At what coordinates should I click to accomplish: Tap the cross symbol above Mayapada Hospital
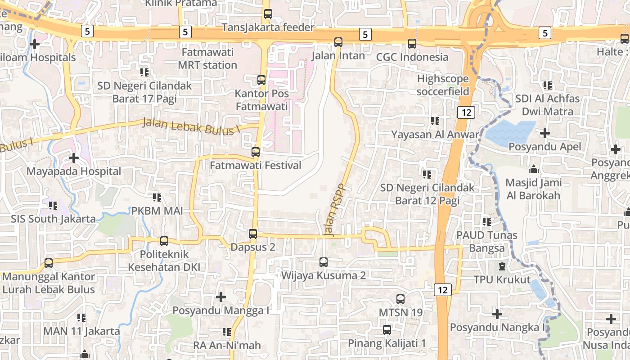click(74, 158)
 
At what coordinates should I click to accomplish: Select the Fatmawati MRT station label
click(207, 58)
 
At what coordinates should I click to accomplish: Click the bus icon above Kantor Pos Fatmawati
click(261, 80)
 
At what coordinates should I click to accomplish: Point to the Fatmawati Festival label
click(256, 166)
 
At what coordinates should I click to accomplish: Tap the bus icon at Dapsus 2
click(253, 234)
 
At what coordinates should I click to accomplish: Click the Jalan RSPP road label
click(334, 210)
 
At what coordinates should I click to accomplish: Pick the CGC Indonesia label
click(412, 57)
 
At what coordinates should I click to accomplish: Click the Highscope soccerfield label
click(443, 85)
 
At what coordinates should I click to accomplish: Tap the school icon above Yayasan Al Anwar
click(435, 121)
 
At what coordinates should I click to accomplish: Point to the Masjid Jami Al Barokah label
click(533, 189)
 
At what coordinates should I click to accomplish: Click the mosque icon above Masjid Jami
click(534, 169)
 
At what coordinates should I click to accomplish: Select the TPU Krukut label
click(502, 279)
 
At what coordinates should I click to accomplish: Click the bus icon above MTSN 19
click(400, 299)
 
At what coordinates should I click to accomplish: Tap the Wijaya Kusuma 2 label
click(324, 275)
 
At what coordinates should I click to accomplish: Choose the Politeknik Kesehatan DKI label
click(164, 261)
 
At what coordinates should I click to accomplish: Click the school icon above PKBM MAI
click(157, 197)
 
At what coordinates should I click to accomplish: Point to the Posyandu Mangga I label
click(221, 310)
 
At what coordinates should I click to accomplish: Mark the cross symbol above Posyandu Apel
click(545, 133)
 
